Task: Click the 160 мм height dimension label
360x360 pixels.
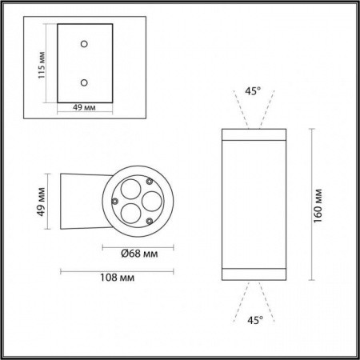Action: tap(318, 205)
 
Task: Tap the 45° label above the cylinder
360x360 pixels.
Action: tap(253, 91)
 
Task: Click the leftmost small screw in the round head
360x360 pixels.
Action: tap(116, 199)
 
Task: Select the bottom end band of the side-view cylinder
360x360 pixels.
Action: tap(253, 275)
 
